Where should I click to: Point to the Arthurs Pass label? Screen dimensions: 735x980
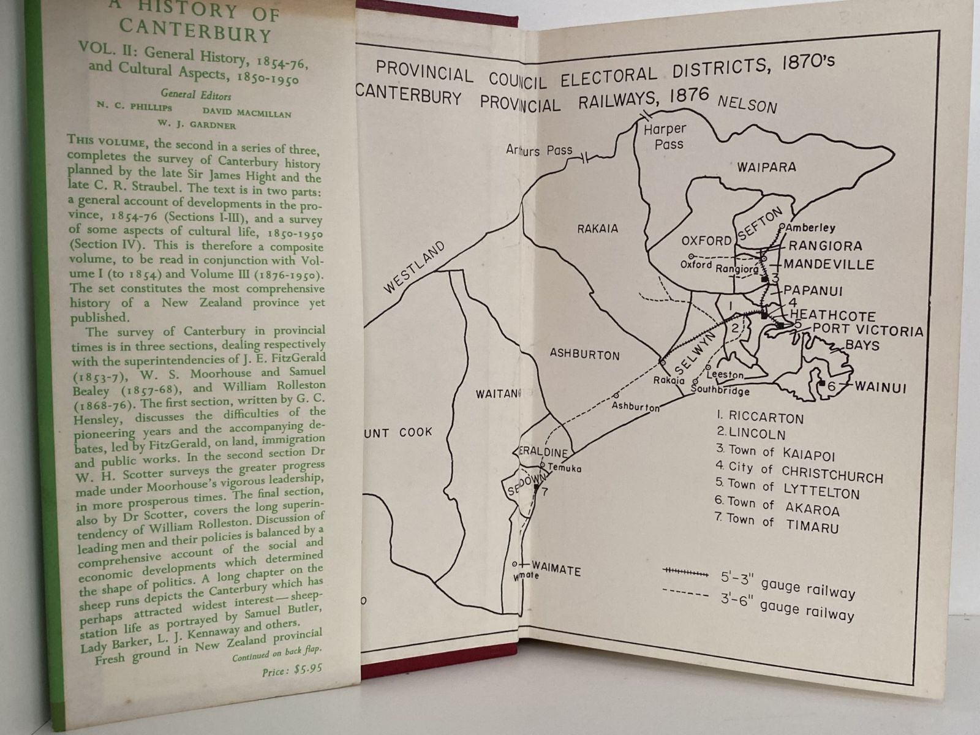tap(540, 149)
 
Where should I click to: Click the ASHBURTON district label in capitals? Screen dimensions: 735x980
tap(584, 354)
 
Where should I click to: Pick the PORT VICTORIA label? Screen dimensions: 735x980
tap(867, 331)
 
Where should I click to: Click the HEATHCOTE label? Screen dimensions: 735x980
tap(832, 315)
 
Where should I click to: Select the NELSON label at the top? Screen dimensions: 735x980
tap(747, 105)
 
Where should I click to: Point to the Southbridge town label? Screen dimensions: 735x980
tap(720, 390)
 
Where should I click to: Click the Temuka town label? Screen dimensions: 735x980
tap(564, 469)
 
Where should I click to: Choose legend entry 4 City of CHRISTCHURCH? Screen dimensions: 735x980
tap(799, 472)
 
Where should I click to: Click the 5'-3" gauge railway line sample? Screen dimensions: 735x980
tap(685, 571)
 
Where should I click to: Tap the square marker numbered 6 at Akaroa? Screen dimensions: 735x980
tap(821, 384)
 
